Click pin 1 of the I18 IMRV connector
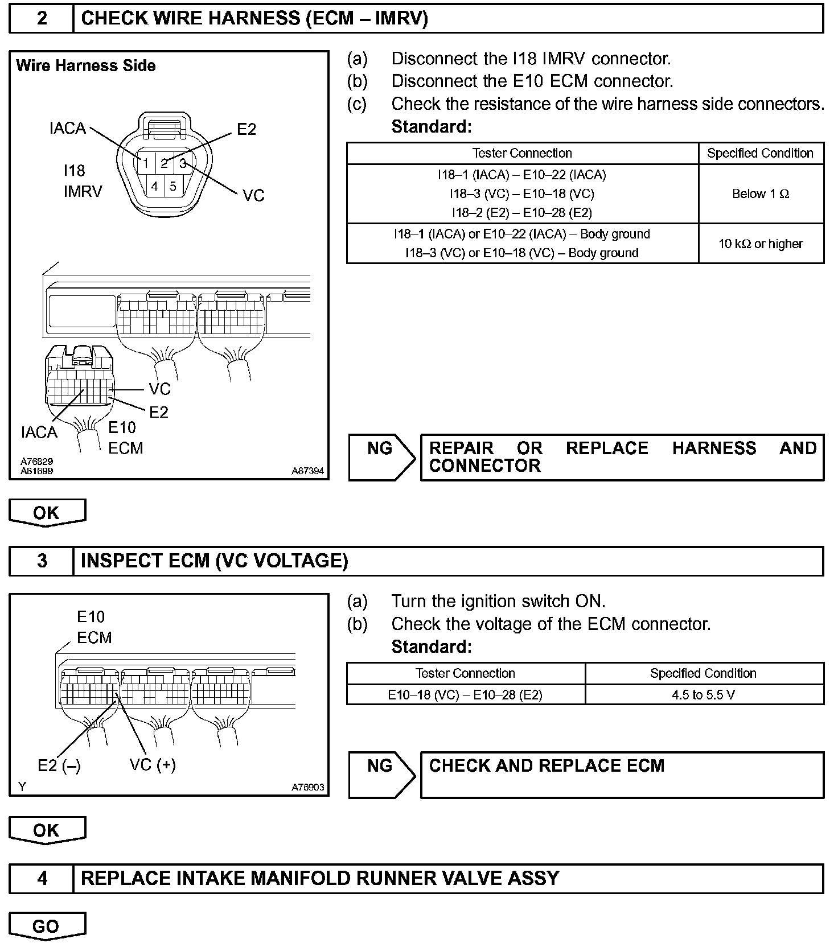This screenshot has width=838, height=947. [x=145, y=164]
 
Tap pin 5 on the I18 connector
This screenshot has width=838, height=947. [x=173, y=186]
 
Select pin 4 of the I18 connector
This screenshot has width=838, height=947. [x=154, y=186]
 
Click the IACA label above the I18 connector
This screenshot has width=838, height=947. [x=68, y=129]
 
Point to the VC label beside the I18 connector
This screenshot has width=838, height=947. [x=253, y=196]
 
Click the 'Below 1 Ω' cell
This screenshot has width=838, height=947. [x=761, y=194]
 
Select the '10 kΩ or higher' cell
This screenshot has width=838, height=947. [x=761, y=244]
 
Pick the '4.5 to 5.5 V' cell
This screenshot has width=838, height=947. [x=704, y=695]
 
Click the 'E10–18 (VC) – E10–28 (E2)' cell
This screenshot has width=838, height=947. [x=465, y=695]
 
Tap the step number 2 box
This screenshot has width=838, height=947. [x=42, y=19]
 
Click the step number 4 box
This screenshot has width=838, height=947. [x=42, y=878]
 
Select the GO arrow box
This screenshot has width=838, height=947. [x=46, y=926]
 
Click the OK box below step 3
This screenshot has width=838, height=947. [x=46, y=830]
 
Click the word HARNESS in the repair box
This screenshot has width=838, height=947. [x=714, y=448]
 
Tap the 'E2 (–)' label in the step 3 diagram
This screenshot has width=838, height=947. [x=59, y=766]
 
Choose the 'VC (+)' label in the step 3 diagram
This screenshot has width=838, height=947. [x=153, y=765]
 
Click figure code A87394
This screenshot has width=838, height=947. [x=307, y=471]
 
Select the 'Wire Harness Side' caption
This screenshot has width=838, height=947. [x=86, y=66]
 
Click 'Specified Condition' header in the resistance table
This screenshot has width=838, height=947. [x=760, y=153]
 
